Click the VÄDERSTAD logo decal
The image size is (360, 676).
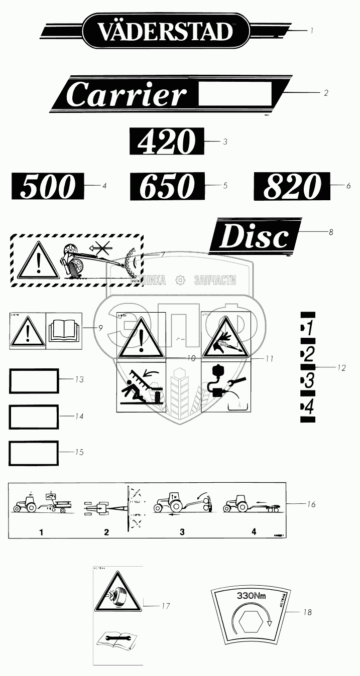coord(166,31)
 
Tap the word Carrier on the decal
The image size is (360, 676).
coord(126,95)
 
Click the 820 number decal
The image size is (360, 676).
coord(292,186)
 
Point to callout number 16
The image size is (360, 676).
coord(311,503)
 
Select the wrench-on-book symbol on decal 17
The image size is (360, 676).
coord(118,638)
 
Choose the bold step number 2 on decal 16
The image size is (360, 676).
coord(106,532)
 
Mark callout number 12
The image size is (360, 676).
coord(341,368)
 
